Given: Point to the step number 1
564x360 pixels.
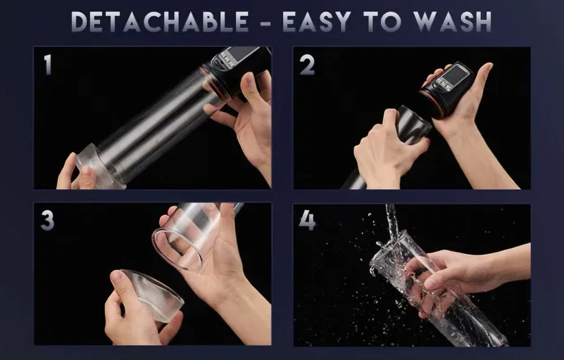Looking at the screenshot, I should (x=47, y=65).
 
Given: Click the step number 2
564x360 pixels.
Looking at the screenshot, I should (x=307, y=65).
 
